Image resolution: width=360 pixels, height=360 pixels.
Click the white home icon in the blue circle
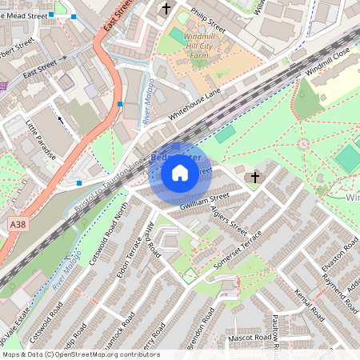point(180,173)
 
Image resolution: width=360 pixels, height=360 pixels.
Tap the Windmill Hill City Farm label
point(194,47)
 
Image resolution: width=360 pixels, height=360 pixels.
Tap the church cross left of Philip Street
point(166,9)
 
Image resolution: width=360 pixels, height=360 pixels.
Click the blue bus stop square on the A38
point(120,104)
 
